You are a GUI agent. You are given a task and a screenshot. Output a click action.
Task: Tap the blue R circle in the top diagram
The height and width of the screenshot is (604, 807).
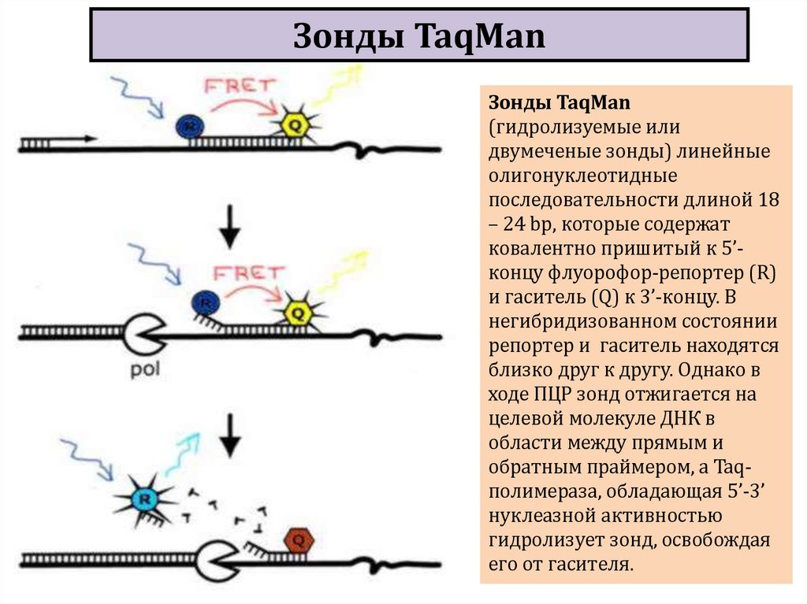[x=187, y=125]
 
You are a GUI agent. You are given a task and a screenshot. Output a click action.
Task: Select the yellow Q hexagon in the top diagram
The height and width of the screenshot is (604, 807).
[x=291, y=124]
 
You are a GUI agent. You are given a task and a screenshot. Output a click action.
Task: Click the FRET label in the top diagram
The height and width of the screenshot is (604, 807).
[x=236, y=86]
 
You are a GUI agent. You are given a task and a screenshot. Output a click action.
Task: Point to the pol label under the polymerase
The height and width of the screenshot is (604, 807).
[x=146, y=369]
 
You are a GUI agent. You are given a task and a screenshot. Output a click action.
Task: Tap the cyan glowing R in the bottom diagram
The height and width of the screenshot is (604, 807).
[x=143, y=498]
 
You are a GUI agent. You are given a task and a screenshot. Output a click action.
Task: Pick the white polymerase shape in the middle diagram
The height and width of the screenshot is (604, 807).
[x=143, y=335]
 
